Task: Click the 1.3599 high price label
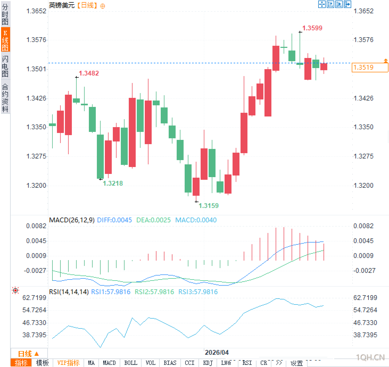(x=312, y=28)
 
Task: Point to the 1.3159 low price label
(x=209, y=206)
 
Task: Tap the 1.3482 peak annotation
(x=89, y=73)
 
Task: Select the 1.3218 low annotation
(x=113, y=183)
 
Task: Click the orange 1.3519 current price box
(x=370, y=67)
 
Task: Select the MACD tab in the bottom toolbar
(x=109, y=363)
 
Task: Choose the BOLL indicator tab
(x=131, y=363)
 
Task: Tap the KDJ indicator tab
(x=208, y=363)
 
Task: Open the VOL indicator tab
(x=150, y=363)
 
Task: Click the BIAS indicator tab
(x=170, y=363)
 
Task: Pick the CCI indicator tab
(x=189, y=363)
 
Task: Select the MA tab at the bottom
(x=91, y=363)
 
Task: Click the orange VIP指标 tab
(x=68, y=363)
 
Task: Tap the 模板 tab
(x=42, y=363)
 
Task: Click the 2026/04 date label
(x=217, y=352)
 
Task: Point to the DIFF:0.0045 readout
(x=114, y=220)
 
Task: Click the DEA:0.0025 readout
(x=153, y=220)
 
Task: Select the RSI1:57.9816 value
(x=111, y=292)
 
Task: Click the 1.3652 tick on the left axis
(x=36, y=11)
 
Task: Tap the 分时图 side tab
(x=5, y=14)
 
